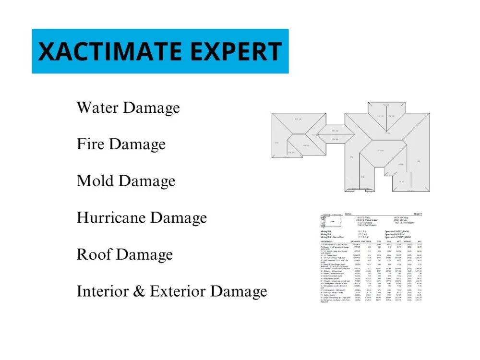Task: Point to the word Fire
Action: click(x=89, y=144)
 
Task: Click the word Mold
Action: click(x=95, y=181)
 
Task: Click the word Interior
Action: click(x=107, y=291)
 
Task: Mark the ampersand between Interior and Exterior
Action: click(x=143, y=291)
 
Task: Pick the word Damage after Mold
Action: click(x=147, y=181)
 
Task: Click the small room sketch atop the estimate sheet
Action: click(x=332, y=221)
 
